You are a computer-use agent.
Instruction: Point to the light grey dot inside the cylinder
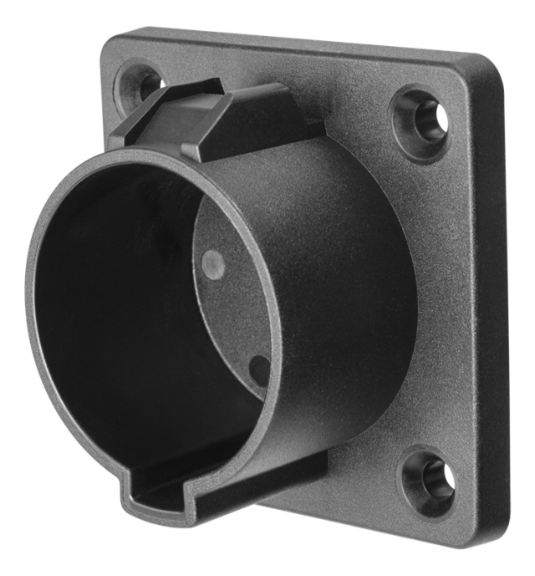[x=214, y=264]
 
